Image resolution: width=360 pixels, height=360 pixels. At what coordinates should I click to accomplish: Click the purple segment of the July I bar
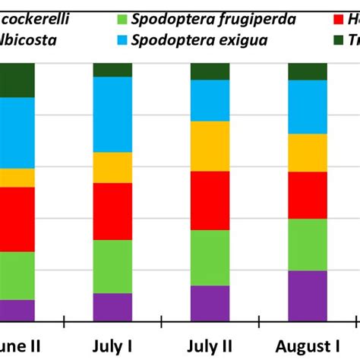pos(112,307)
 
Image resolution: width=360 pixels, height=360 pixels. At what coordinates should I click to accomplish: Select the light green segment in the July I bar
pos(112,267)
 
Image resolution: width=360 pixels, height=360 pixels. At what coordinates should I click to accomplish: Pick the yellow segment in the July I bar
pos(112,167)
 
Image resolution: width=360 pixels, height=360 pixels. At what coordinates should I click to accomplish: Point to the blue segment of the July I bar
pos(112,115)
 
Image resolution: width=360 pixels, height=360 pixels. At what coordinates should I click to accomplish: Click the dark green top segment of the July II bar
pos(210,71)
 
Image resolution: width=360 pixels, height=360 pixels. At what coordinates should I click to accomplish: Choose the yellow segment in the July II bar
pos(210,146)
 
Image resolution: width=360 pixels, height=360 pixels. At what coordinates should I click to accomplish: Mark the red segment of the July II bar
pos(210,201)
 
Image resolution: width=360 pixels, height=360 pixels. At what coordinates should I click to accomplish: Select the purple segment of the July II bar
pos(210,303)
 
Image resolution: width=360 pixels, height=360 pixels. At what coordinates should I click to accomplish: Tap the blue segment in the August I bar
pos(308,106)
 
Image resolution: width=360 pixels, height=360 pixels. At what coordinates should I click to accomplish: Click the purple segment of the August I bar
pos(308,295)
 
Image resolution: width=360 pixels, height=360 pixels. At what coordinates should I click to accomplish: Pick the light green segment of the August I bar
pos(308,245)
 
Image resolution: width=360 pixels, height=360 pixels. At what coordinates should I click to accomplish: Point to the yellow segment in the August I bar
pos(308,153)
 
